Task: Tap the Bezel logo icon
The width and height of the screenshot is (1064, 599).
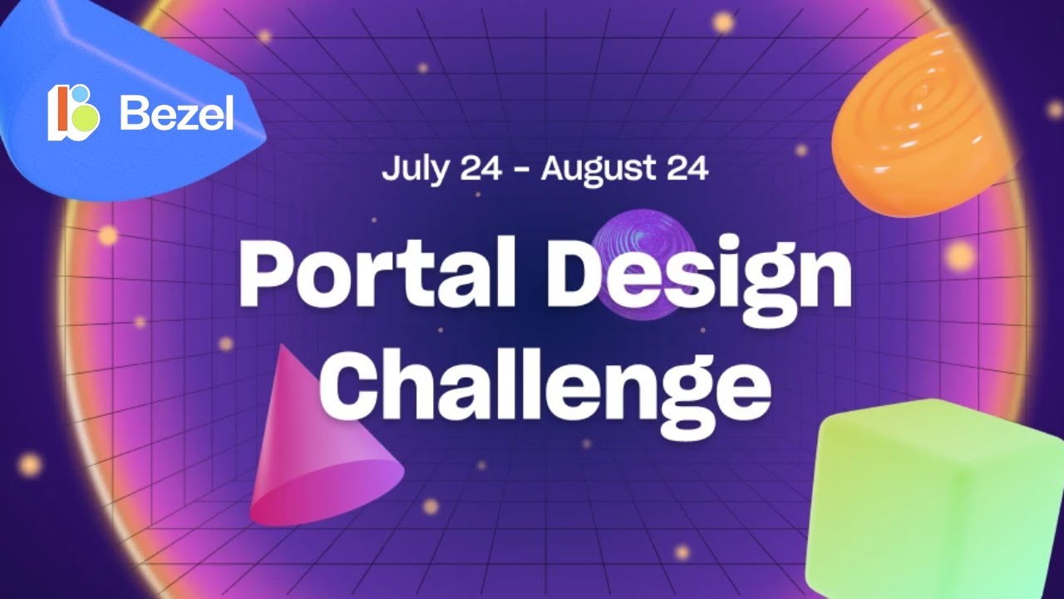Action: [x=74, y=111]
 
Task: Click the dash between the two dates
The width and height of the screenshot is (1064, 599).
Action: [x=521, y=171]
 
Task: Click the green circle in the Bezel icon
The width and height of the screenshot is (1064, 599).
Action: [x=85, y=119]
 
